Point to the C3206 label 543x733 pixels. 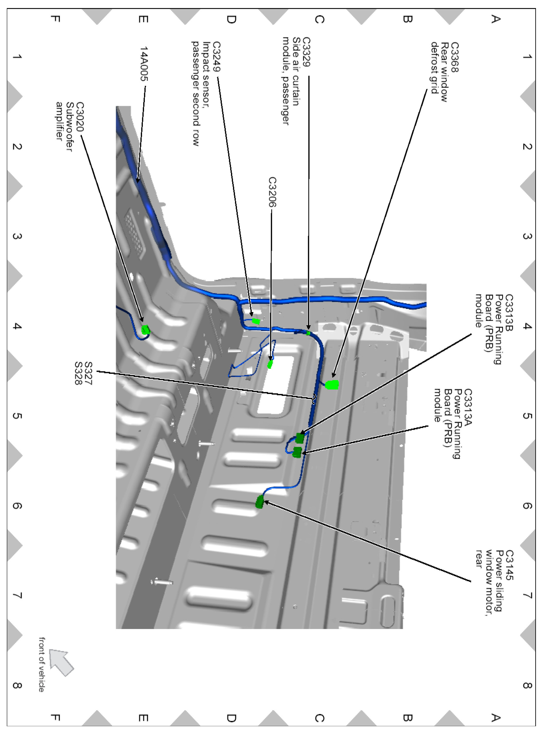[273, 192]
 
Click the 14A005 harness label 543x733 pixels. [144, 64]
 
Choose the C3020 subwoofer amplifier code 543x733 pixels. [80, 117]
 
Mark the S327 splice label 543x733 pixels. [88, 373]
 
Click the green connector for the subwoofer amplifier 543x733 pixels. [145, 329]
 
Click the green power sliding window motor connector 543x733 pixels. [260, 502]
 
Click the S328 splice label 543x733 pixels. [78, 373]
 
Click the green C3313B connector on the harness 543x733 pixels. [299, 438]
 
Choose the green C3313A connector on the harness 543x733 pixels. [297, 452]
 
